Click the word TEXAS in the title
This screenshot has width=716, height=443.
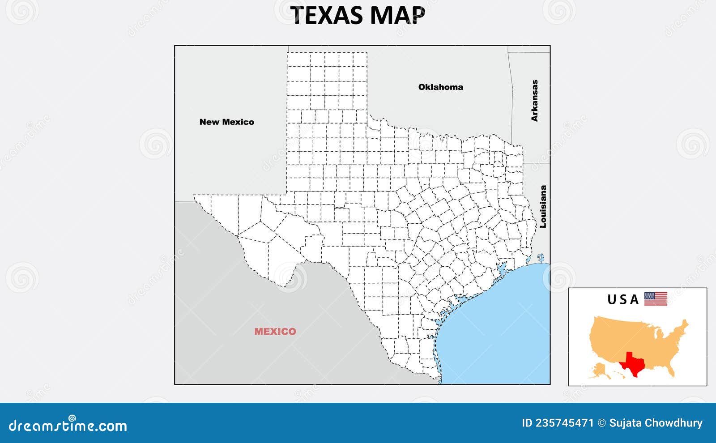tap(328, 15)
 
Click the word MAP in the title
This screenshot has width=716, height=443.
tap(397, 15)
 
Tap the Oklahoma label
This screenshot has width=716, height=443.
tap(440, 87)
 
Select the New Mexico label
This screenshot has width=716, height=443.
tap(226, 122)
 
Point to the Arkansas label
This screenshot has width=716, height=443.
tap(534, 101)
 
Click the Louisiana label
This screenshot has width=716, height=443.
tap(543, 207)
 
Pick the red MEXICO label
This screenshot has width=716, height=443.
tap(275, 331)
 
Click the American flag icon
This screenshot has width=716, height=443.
tap(656, 298)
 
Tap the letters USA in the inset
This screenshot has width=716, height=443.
tap(623, 299)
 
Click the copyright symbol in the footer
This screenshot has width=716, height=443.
tap(601, 423)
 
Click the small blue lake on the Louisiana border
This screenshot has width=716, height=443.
tap(540, 258)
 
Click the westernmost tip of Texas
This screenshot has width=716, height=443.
tap(194, 196)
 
